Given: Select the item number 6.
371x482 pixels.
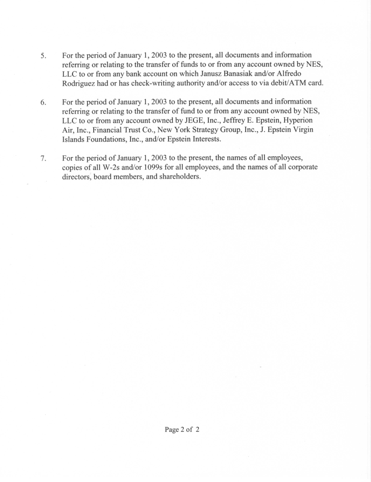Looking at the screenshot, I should click(x=43, y=102).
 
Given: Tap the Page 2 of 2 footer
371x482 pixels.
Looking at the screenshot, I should click(x=182, y=430).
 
